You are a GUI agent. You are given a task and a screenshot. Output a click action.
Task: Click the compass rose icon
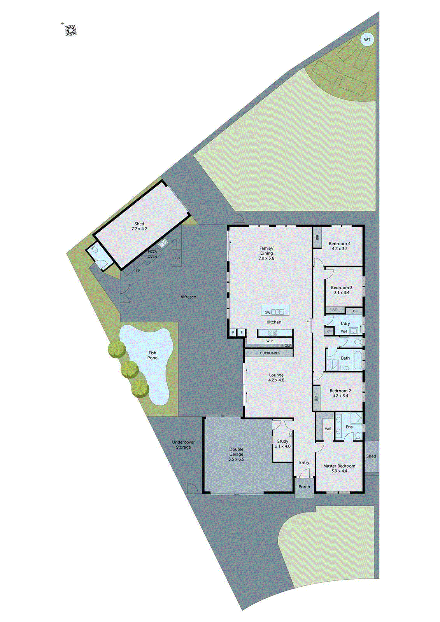pos(70,30)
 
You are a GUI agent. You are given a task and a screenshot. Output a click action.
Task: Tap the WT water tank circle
pos(367,40)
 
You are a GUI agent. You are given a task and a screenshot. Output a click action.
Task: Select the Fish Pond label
pos(153,355)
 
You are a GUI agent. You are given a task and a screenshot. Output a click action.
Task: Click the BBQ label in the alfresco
pos(177,258)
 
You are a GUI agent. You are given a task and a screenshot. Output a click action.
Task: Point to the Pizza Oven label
pos(152,254)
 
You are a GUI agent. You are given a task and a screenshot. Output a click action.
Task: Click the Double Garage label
pos(236,454)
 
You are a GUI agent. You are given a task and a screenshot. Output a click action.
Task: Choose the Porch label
pos(304,487)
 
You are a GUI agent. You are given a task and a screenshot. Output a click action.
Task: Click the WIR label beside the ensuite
pos(328,429)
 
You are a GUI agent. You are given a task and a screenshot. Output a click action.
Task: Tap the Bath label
pos(345,358)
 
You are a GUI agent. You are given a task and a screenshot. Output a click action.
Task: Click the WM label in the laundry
pos(344,332)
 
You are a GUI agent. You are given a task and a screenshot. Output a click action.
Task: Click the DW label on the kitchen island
pos(267,313)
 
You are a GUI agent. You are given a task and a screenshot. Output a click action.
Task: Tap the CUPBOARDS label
pos(270,353)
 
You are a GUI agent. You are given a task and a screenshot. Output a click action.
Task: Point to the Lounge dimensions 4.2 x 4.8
pos(276,380)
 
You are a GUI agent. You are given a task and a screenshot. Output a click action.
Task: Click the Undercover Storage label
pos(183,445)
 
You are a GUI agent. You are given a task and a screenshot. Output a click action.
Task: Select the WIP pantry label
pos(270,341)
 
